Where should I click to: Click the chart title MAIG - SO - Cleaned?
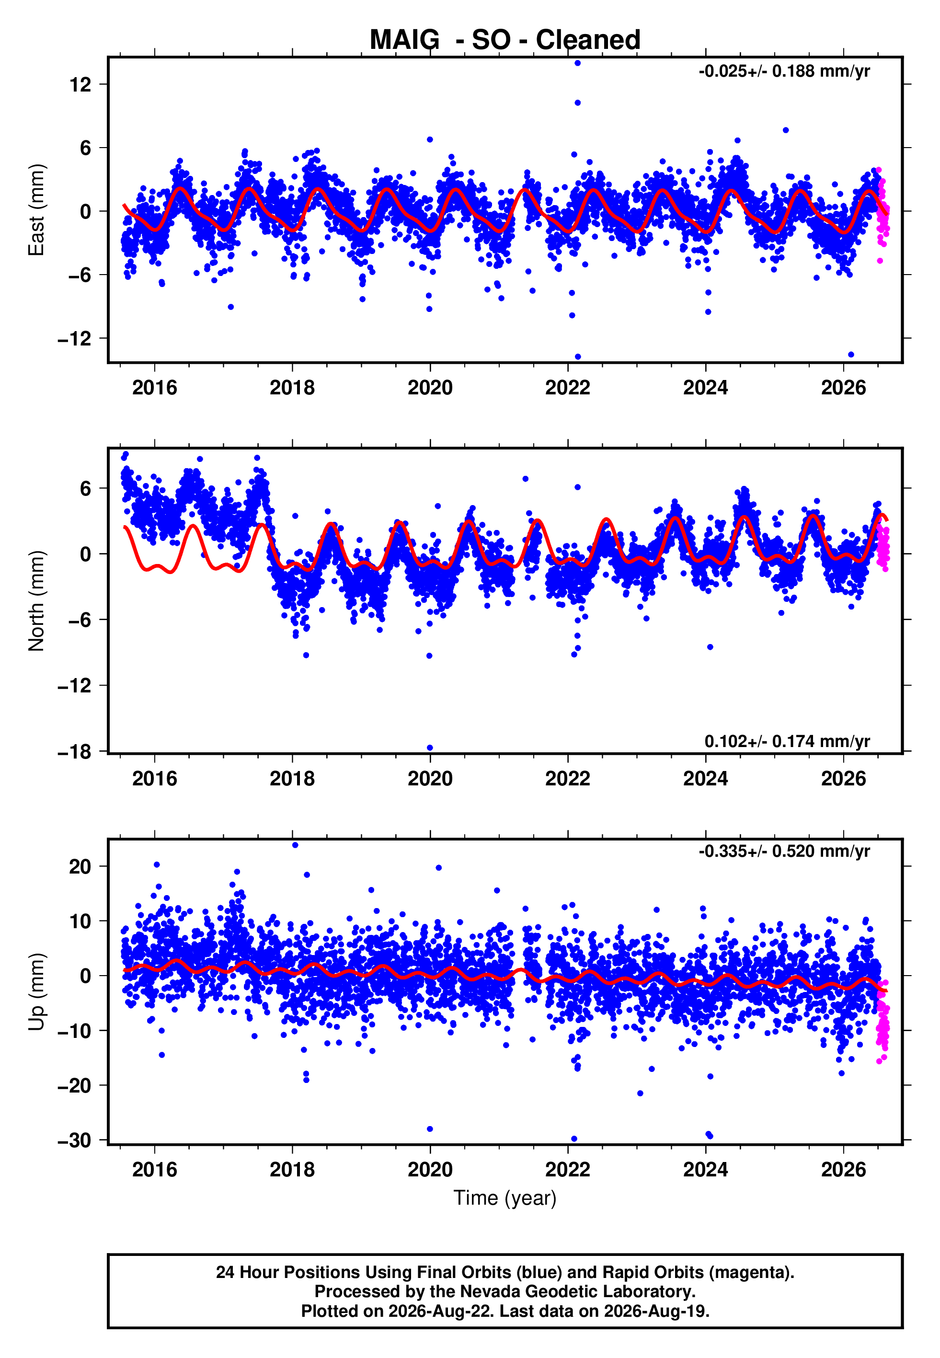505,40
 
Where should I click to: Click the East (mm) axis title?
36,210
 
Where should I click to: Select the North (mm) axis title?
36,601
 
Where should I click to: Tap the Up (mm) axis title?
36,992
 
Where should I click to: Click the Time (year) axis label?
505,1198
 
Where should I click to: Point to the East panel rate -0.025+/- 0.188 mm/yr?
784,71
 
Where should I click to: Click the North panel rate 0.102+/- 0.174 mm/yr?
787,741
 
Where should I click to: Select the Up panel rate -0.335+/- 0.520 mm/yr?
784,852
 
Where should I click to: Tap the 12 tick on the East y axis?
80,84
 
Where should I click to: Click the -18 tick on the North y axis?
75,752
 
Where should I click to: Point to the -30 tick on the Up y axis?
75,1141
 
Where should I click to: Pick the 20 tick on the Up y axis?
80,867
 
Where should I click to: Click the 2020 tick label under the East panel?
430,388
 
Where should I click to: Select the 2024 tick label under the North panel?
706,779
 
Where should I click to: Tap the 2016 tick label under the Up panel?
154,1170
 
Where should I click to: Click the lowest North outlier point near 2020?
430,748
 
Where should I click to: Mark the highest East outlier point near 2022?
578,63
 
